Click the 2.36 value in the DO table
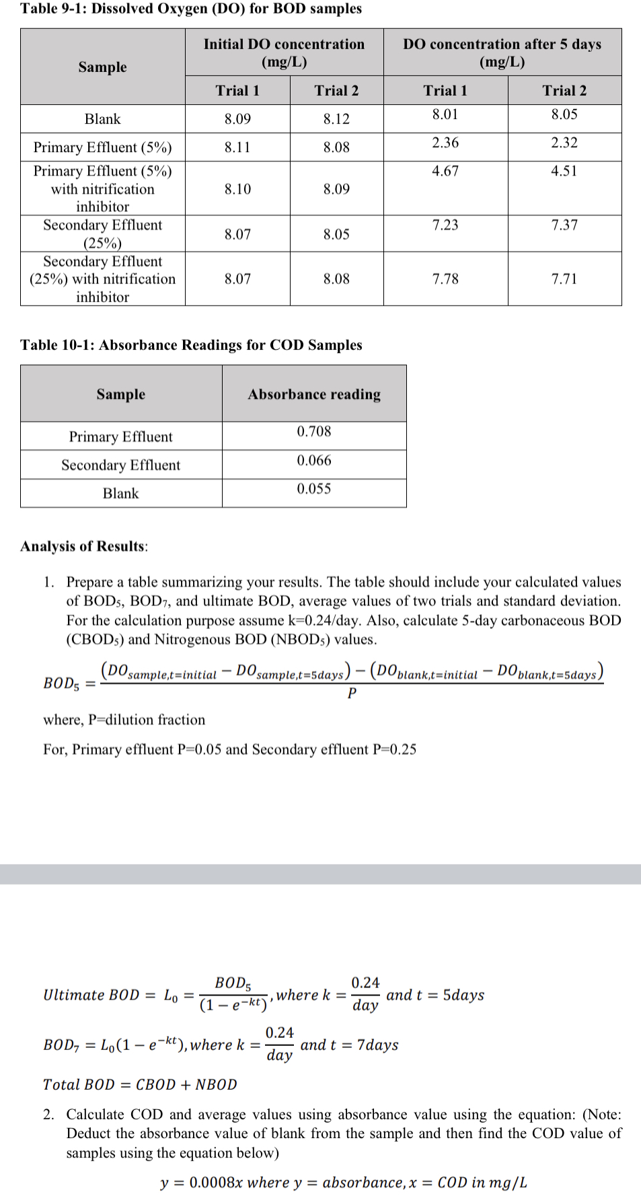click(x=445, y=143)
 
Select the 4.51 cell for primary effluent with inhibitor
click(x=564, y=171)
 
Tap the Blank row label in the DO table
click(x=102, y=119)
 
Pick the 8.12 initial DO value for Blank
click(x=336, y=119)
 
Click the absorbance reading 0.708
click(x=314, y=431)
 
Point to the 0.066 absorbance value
click(x=314, y=460)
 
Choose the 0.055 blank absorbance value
click(x=314, y=488)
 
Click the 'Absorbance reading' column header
click(x=314, y=394)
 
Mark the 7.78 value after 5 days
click(x=445, y=278)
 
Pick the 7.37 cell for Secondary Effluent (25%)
click(x=564, y=225)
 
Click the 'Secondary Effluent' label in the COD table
click(x=121, y=465)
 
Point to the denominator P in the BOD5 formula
click(x=352, y=693)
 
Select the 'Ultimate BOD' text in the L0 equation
click(x=91, y=995)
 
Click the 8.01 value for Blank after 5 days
click(x=445, y=114)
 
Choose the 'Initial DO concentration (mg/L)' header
click(x=284, y=52)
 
